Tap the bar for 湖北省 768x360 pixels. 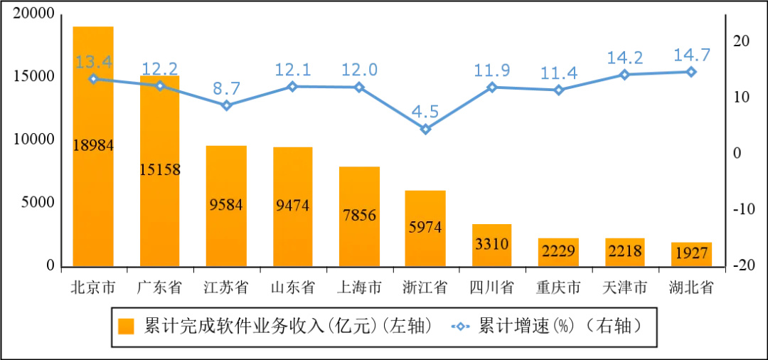click(692, 255)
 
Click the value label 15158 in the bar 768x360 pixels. click(159, 170)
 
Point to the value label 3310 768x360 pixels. click(491, 245)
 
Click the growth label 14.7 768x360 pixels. click(692, 55)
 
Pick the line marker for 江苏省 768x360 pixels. click(226, 105)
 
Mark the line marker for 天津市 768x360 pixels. click(625, 75)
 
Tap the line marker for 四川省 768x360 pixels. click(491, 88)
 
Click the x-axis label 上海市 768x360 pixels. click(359, 287)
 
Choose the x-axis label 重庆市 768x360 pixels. click(558, 287)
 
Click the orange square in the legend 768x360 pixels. click(127, 326)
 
